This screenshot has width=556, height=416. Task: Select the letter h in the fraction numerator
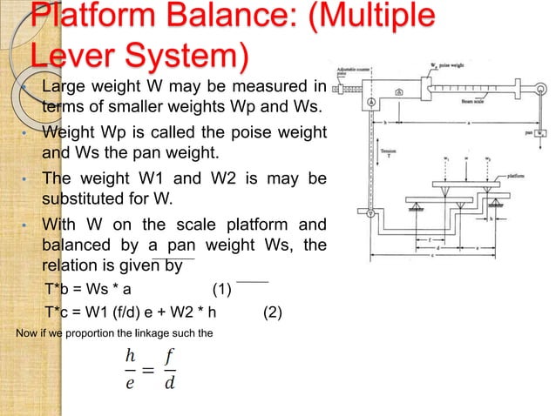click(130, 356)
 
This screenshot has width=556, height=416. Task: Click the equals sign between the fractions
click(148, 371)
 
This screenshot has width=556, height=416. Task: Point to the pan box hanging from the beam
click(541, 133)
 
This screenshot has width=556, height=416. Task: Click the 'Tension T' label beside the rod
click(389, 152)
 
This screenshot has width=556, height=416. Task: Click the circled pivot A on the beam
click(371, 102)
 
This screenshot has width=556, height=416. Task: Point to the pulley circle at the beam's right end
click(540, 87)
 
